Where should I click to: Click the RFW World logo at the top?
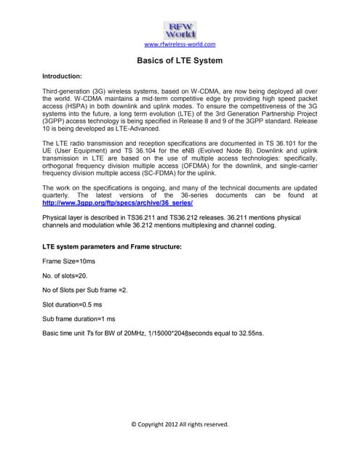coord(180,30)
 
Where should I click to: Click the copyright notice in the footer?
coord(180,424)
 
